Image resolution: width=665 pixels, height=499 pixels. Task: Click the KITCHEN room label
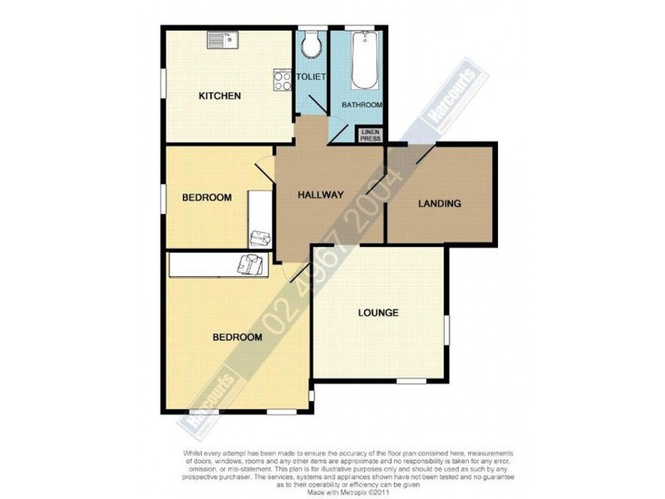coord(219,96)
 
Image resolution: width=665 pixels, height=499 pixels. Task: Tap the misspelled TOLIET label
coord(311,77)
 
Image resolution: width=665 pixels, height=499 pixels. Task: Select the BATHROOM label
coord(362,105)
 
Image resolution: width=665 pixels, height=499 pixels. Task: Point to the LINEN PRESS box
coord(370,136)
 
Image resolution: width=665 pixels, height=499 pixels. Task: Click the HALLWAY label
coord(321,195)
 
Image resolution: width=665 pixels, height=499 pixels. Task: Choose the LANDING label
coord(440,203)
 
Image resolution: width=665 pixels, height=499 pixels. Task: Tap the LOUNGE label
coord(378,314)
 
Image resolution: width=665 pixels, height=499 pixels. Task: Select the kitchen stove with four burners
coord(281,80)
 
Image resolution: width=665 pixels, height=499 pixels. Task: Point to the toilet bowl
coord(312,46)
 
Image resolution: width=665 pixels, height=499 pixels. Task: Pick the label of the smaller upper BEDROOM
coord(206,197)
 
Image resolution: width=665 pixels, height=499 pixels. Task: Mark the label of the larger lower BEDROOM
coord(238,338)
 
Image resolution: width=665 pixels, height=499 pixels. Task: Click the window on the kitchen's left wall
coord(163,83)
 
